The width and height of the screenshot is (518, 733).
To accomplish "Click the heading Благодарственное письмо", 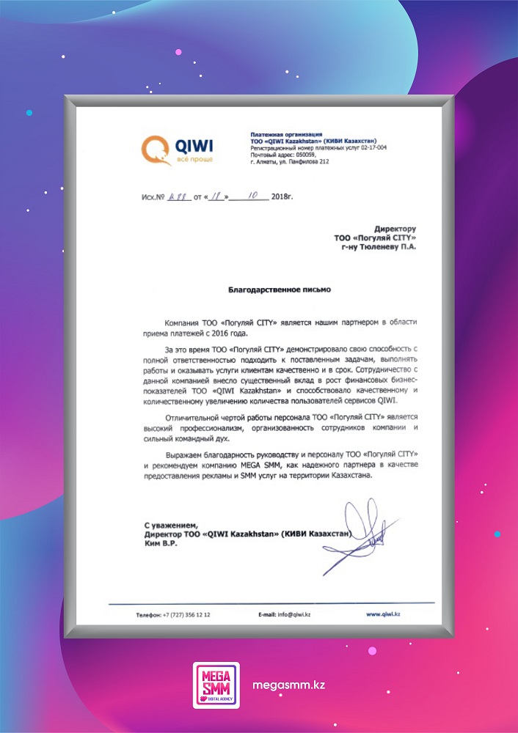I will pyautogui.click(x=279, y=290).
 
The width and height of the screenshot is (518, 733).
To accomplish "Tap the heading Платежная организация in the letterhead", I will pyautogui.click(x=286, y=135).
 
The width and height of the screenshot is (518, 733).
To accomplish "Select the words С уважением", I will pyautogui.click(x=170, y=526).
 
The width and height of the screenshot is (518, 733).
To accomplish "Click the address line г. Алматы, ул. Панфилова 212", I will pyautogui.click(x=288, y=161).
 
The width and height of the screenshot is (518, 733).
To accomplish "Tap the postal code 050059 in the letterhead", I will pyautogui.click(x=303, y=155).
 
